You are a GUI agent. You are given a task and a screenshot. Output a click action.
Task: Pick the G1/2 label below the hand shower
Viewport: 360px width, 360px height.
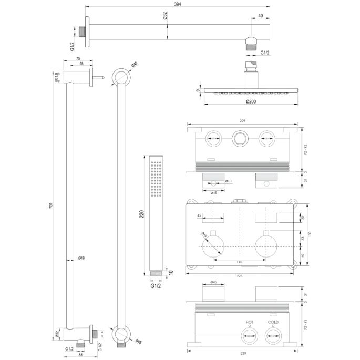[x=156, y=287]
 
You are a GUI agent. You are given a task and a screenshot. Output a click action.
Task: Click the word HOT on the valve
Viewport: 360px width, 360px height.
[x=249, y=322]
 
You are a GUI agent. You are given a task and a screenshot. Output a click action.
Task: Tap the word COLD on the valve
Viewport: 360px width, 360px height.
[x=273, y=322]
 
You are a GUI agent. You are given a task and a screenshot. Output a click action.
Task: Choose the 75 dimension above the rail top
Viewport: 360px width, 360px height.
[x=78, y=59]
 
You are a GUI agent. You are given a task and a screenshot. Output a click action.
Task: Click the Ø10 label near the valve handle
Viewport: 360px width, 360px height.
[x=229, y=181]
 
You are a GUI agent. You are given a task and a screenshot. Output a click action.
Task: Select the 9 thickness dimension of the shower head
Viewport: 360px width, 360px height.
[x=198, y=90]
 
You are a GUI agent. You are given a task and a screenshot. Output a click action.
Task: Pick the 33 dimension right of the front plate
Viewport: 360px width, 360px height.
[x=302, y=238]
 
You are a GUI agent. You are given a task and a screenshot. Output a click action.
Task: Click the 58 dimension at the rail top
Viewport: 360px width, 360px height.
[x=80, y=64]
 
